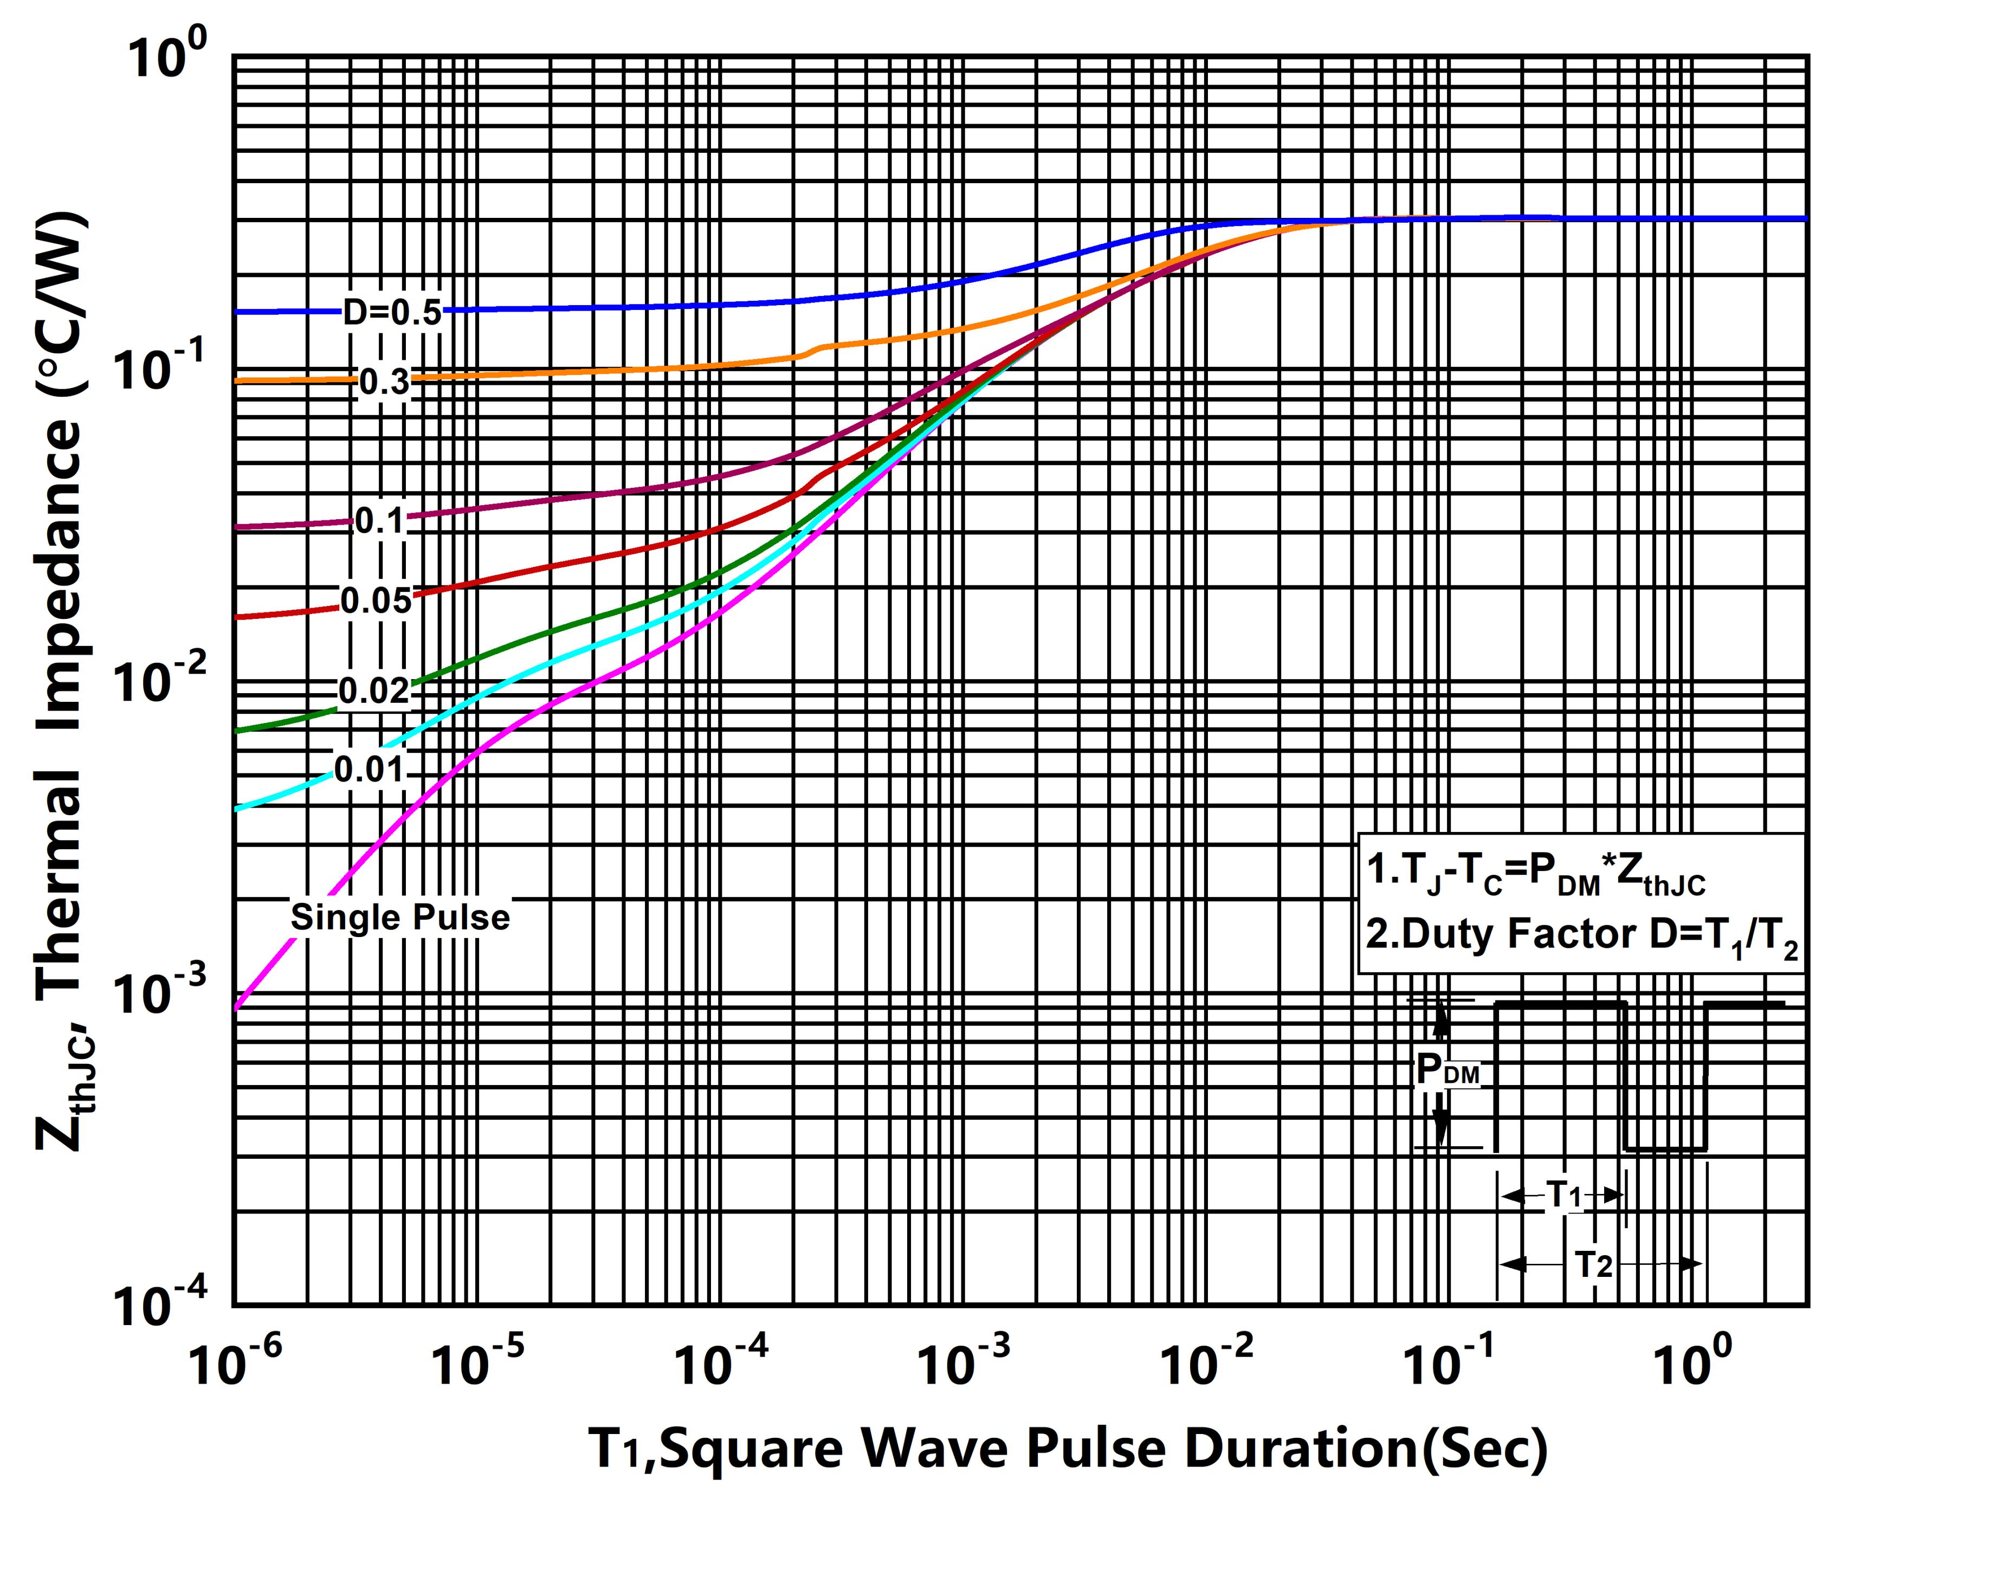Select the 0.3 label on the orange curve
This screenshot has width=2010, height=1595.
tap(384, 382)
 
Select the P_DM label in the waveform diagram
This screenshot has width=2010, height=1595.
tap(1447, 1071)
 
